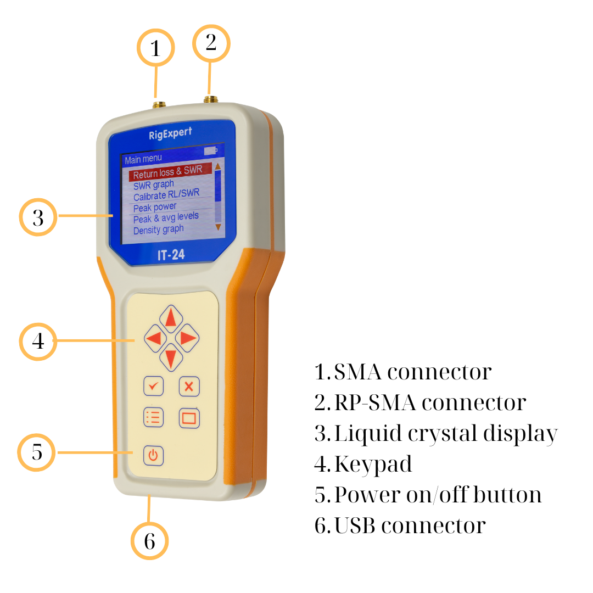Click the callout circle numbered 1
pos(155,48)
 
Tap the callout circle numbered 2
pos(211,43)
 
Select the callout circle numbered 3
pos(38,218)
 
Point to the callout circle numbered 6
pos(149,541)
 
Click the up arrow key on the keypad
pos(171,318)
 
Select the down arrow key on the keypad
pos(171,359)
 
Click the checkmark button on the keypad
pos(154,386)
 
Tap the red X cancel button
pos(189,386)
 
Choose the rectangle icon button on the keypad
pos(189,418)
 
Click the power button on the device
pos(153,455)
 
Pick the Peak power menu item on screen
pos(155,207)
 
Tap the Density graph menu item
pos(158,230)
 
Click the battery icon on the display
pos(210,150)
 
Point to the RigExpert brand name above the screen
pos(170,133)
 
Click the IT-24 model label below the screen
pos(171,255)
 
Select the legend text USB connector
pos(400,525)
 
